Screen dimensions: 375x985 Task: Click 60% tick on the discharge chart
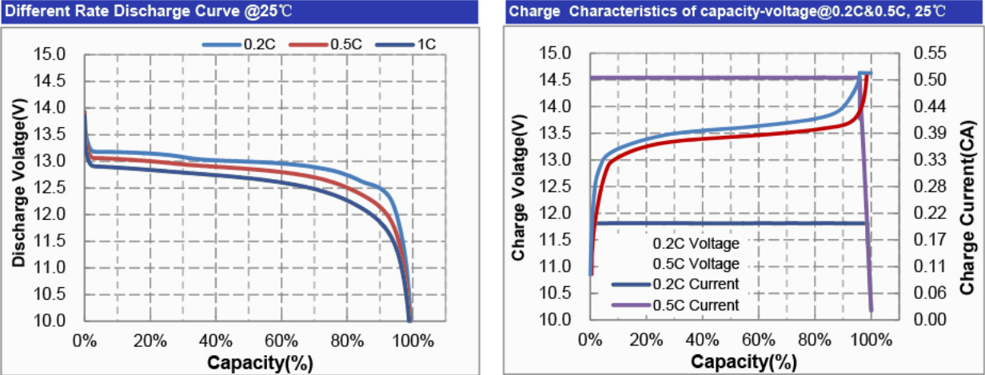pyautogui.click(x=279, y=339)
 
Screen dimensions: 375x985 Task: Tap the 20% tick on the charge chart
pyautogui.click(x=646, y=338)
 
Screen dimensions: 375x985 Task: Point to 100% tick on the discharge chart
pyautogui.click(x=409, y=339)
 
